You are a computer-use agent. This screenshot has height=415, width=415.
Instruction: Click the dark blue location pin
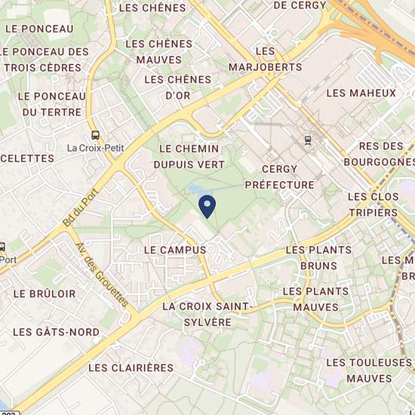(207, 204)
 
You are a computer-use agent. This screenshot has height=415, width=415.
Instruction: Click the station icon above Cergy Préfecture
(307, 140)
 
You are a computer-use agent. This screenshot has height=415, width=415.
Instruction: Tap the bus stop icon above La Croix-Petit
(95, 134)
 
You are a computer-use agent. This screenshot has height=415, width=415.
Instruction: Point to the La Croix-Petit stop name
(95, 148)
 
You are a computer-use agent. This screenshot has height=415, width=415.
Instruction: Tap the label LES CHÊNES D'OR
(177, 86)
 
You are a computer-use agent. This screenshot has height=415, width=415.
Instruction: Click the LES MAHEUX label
(361, 93)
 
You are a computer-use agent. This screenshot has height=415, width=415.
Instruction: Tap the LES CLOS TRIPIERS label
(373, 204)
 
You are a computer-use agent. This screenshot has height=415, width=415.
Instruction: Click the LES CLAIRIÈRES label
(131, 367)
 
